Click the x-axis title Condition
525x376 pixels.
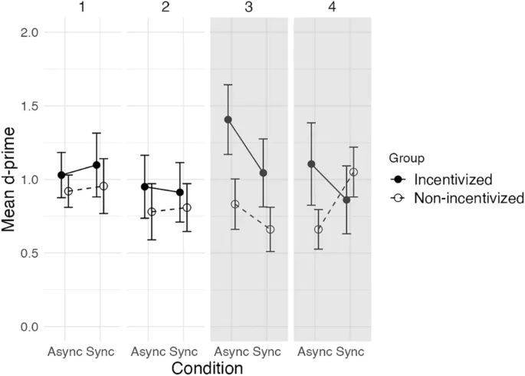coord(207,368)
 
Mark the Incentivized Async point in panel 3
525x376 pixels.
coord(228,120)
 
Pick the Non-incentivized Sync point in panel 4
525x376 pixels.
coord(353,172)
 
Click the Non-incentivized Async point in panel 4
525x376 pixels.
coord(318,229)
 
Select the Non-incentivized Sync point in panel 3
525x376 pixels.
coord(270,229)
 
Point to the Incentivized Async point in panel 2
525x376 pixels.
coord(144,186)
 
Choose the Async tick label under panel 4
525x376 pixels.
coord(313,351)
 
